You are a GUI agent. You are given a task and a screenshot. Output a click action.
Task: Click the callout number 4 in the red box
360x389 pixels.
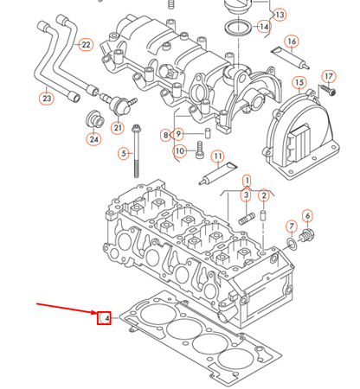click(105, 319)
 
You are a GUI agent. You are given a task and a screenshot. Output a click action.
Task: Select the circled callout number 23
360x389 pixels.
click(47, 99)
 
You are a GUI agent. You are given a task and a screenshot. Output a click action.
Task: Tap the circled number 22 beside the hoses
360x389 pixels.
click(85, 44)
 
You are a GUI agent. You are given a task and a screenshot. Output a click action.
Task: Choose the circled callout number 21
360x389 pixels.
click(118, 128)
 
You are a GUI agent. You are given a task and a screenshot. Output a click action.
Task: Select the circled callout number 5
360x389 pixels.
click(124, 154)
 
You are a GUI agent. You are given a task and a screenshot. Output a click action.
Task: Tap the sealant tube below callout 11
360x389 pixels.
click(211, 177)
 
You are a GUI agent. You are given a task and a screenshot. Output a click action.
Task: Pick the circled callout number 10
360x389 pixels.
click(179, 151)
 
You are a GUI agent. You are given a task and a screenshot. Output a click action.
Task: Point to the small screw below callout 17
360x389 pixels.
click(327, 91)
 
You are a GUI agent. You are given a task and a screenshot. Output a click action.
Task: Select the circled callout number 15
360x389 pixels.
click(299, 83)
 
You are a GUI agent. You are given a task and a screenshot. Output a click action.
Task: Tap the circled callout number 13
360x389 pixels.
click(280, 15)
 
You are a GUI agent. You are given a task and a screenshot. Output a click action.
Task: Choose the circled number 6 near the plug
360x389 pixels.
click(307, 215)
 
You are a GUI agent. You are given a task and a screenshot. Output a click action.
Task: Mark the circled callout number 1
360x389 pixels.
click(247, 182)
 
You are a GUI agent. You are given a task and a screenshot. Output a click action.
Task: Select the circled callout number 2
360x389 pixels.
click(263, 196)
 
